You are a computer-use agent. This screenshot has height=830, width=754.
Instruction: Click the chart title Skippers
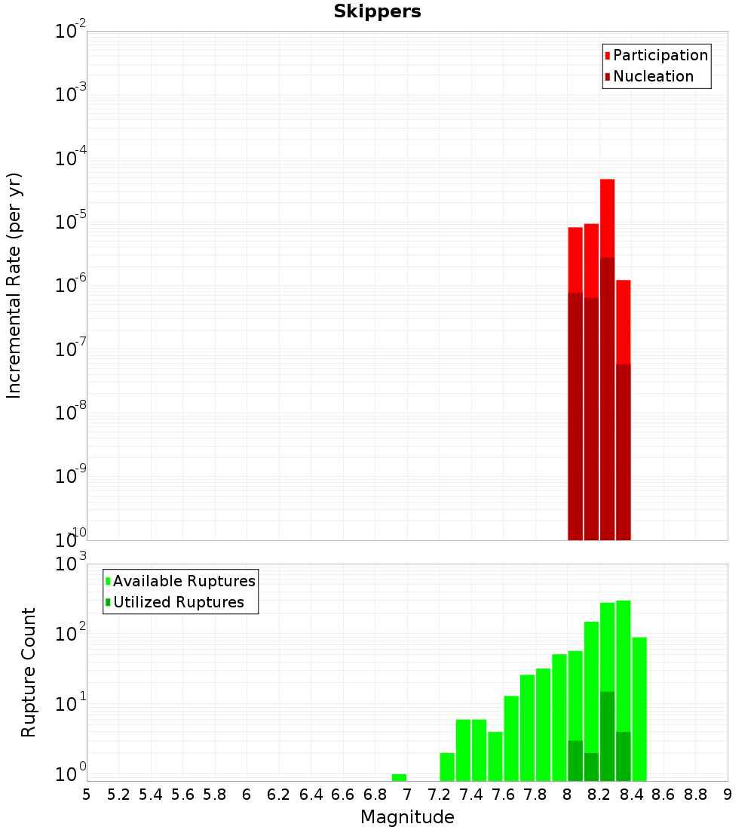click(x=377, y=11)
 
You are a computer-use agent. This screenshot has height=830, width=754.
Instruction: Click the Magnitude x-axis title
click(x=407, y=817)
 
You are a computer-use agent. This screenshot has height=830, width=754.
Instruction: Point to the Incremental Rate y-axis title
click(x=14, y=285)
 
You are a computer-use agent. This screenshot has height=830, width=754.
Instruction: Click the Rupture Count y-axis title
click(x=29, y=672)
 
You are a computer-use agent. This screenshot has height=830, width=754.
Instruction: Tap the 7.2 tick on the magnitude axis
click(x=439, y=795)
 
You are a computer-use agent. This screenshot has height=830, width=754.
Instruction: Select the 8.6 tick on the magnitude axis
click(x=664, y=795)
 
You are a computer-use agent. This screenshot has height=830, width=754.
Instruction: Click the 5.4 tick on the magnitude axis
click(x=151, y=795)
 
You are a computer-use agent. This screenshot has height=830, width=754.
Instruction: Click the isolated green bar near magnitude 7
click(x=399, y=777)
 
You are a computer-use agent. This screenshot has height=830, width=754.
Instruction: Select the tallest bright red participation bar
click(x=607, y=219)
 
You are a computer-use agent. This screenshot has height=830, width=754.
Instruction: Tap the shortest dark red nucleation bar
click(x=623, y=453)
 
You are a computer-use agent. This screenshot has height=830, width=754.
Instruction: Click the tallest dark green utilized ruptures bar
click(x=607, y=736)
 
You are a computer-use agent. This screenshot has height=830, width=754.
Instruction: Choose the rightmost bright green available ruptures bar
click(x=639, y=709)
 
